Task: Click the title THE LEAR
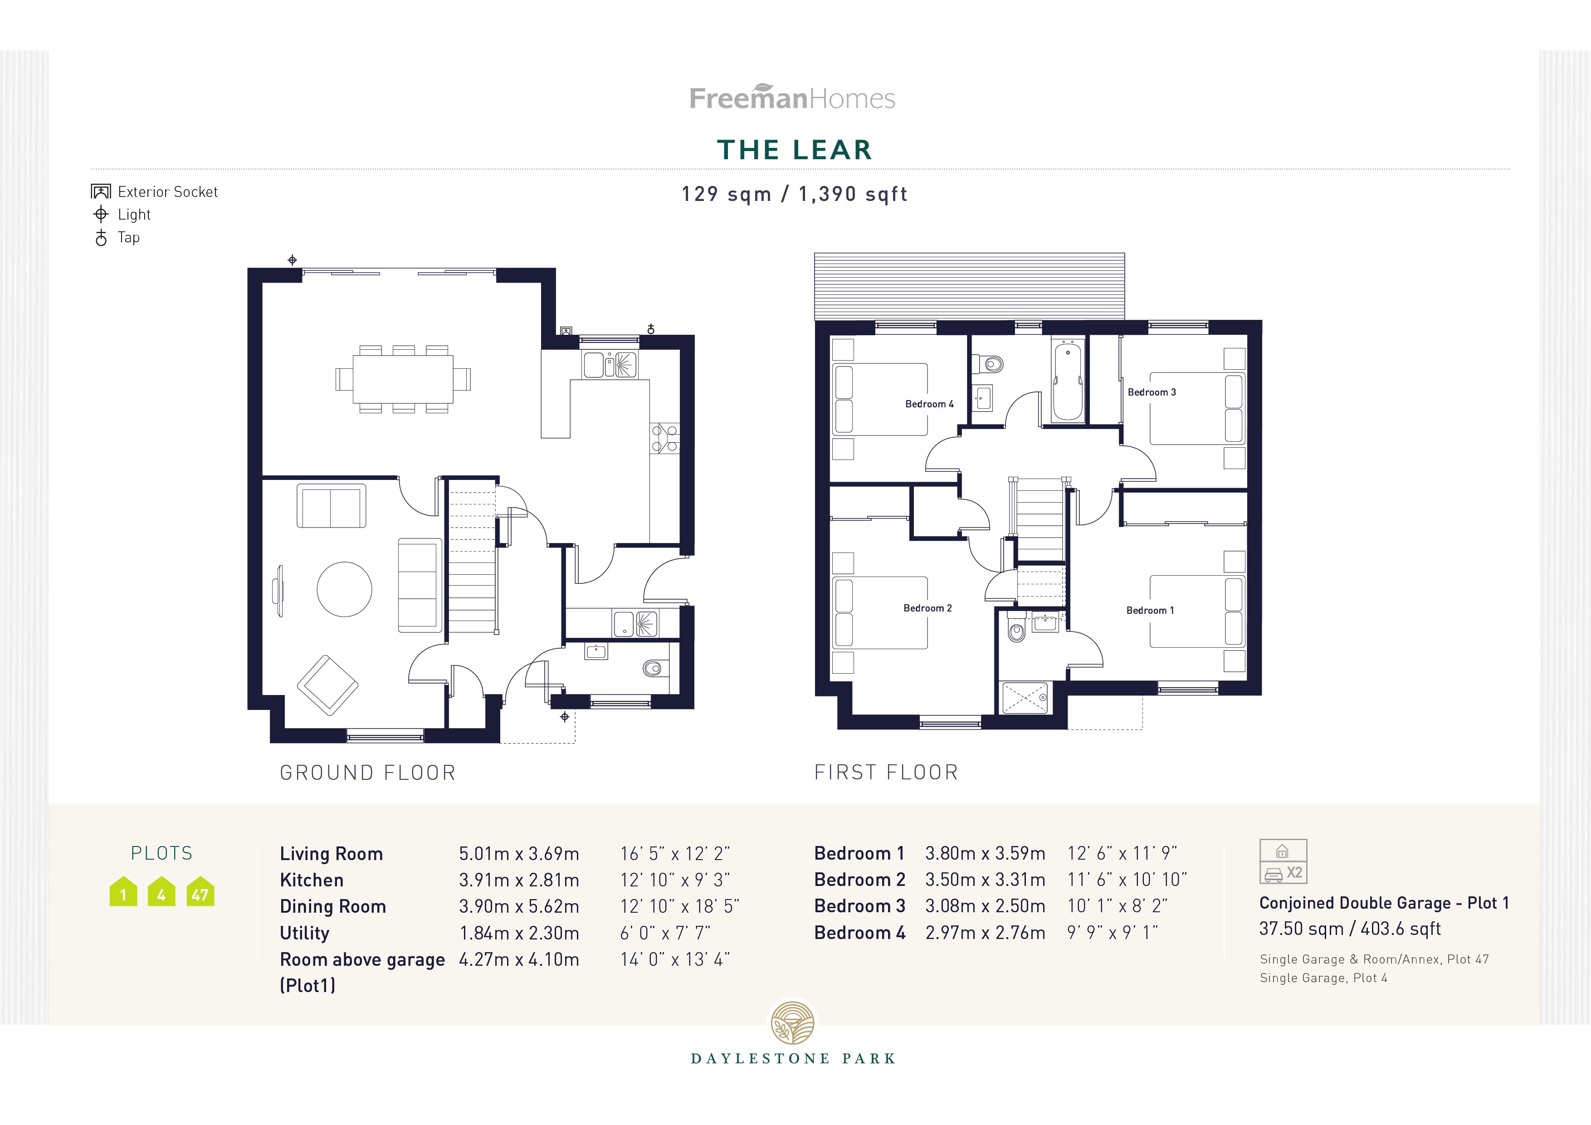point(794,150)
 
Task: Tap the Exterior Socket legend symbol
point(101,191)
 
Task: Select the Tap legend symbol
point(101,238)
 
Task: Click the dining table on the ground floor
point(403,379)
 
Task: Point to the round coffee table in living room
point(344,589)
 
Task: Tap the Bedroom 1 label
point(1150,610)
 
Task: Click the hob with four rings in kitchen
point(664,439)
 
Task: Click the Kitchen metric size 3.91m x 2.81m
point(518,880)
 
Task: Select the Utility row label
point(304,933)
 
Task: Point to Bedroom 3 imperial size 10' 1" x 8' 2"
point(1117,906)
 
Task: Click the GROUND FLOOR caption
point(367,773)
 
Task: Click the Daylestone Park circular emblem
point(793,1022)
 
